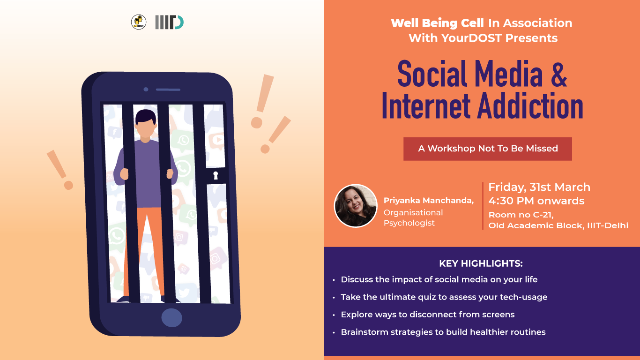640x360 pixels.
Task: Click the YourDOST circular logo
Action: tap(139, 22)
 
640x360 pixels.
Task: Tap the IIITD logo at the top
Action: tap(169, 22)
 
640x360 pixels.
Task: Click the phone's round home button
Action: tap(172, 318)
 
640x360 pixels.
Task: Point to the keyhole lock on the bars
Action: tap(216, 175)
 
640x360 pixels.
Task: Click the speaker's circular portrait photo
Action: tap(356, 206)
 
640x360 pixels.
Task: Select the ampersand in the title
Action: tap(558, 74)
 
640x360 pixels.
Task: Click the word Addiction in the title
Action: tap(530, 106)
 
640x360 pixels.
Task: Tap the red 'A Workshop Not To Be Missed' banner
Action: tap(488, 149)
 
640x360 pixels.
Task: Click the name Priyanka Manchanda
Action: tap(429, 201)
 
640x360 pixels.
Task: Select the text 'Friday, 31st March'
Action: tap(539, 187)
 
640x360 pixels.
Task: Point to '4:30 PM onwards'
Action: tap(536, 201)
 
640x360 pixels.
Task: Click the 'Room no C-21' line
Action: tap(521, 215)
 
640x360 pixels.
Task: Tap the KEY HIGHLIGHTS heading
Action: tap(481, 263)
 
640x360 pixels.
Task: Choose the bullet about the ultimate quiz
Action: tap(444, 297)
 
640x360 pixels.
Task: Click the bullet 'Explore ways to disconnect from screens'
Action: tap(428, 315)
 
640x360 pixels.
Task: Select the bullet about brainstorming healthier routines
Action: tap(443, 332)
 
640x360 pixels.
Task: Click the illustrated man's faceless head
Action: tap(145, 125)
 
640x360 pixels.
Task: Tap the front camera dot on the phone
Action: tap(146, 89)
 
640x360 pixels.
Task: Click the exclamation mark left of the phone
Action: tap(60, 170)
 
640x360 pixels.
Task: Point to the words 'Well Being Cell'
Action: tap(437, 23)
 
